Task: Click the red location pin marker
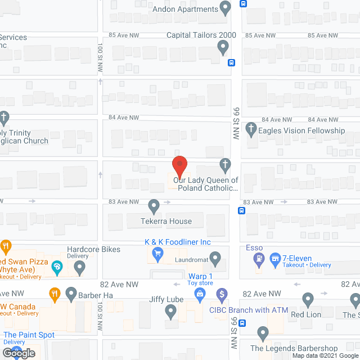[179, 166]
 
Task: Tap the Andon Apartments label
[185, 9]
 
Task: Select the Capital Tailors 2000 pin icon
[223, 49]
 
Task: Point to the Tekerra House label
[166, 222]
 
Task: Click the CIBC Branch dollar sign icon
[222, 294]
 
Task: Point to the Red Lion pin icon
[307, 299]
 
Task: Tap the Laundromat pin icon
[214, 259]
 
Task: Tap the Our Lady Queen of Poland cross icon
[224, 165]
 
